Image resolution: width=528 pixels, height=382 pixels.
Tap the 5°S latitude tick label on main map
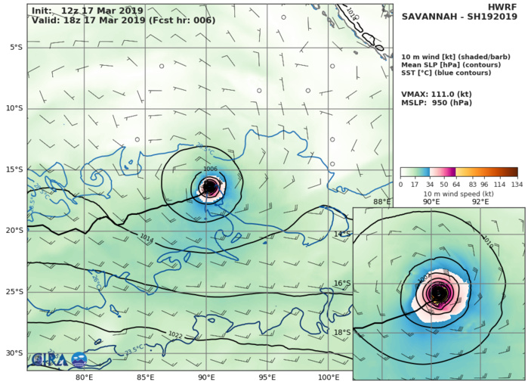(15, 47)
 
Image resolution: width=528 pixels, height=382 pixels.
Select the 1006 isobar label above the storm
(210, 169)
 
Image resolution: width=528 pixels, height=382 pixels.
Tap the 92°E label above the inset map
(480, 202)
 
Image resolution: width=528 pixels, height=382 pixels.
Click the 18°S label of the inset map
(342, 332)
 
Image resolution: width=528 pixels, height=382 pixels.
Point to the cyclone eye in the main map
(210, 187)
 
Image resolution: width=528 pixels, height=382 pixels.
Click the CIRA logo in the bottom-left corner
(46, 360)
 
